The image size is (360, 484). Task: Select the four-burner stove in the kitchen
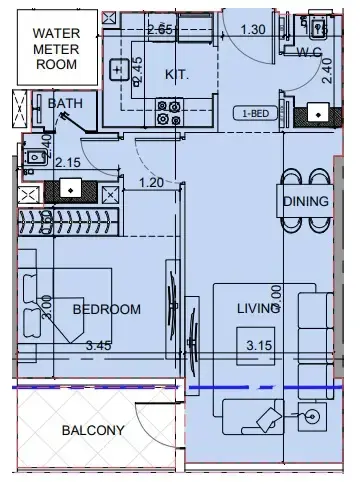tap(168, 112)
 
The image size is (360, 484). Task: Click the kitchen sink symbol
tap(116, 66)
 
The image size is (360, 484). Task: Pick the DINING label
tap(304, 202)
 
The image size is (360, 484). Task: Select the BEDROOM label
tap(106, 309)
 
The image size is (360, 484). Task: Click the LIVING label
tap(257, 309)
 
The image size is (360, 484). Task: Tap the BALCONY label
tap(93, 431)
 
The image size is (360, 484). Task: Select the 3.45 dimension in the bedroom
tap(100, 346)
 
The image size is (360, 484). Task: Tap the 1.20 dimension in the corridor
tap(151, 182)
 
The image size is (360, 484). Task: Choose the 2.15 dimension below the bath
tap(67, 162)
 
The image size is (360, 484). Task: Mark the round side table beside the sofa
tap(313, 415)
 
